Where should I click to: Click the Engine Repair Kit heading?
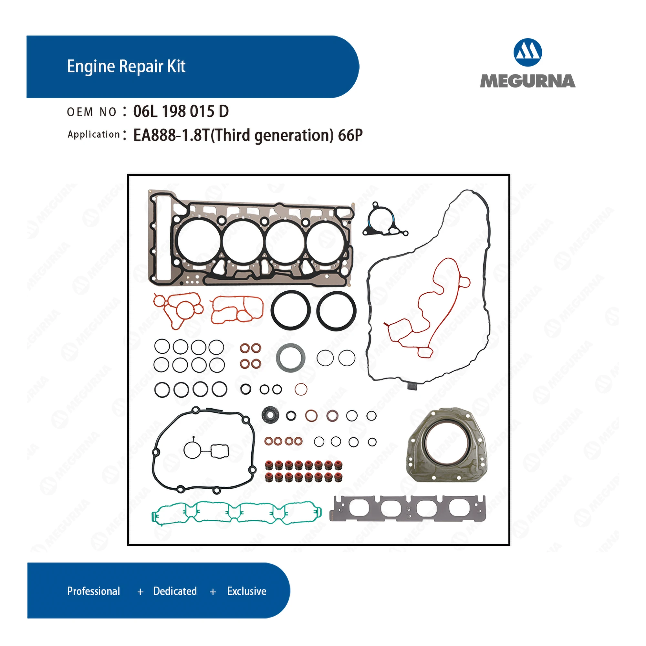click(126, 66)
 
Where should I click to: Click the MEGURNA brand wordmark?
click(527, 81)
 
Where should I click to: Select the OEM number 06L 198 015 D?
click(181, 111)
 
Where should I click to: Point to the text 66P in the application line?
click(350, 135)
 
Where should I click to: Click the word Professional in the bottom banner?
click(93, 591)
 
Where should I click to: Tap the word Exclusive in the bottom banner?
click(247, 591)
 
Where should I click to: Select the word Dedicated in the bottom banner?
click(175, 591)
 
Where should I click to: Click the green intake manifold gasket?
click(236, 513)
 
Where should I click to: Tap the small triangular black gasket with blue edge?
click(383, 221)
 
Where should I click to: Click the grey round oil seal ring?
click(291, 358)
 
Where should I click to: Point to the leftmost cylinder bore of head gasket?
click(199, 241)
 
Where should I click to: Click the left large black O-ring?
click(290, 310)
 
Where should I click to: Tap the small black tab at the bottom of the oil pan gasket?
click(412, 386)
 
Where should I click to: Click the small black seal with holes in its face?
click(270, 415)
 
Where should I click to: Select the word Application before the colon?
click(94, 134)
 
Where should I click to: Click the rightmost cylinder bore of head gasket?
click(326, 241)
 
